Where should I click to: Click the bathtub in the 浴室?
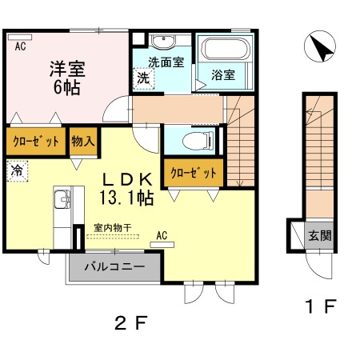(x=226, y=49)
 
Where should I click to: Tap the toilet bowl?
(x=198, y=140)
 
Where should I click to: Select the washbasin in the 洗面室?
(x=163, y=42)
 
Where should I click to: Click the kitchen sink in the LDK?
(x=62, y=199)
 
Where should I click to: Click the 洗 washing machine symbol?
(x=143, y=78)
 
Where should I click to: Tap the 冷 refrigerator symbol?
(x=17, y=170)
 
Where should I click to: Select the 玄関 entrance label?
(x=320, y=235)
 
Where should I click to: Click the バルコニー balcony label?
(x=115, y=266)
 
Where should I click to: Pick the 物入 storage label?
(x=83, y=141)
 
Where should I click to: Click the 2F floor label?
(x=131, y=322)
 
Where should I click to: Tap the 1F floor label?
(x=321, y=306)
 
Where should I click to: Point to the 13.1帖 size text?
(x=126, y=198)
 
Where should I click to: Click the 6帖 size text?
(x=67, y=87)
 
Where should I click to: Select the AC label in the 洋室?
(x=20, y=46)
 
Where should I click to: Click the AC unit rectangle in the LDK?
(x=162, y=245)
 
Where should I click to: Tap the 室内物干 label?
(x=113, y=228)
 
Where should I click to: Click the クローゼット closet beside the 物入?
(x=36, y=142)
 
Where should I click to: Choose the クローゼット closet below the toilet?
(x=194, y=173)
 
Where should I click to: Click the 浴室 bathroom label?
(x=223, y=74)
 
